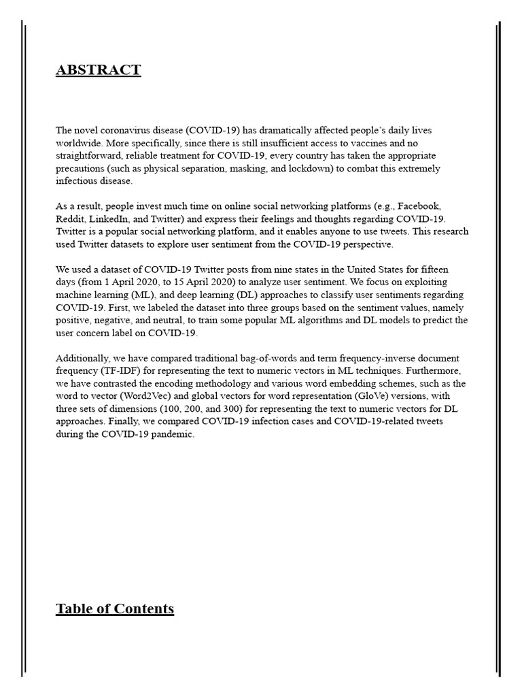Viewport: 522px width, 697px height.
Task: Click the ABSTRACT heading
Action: click(99, 70)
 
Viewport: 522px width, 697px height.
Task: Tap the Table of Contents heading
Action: click(115, 609)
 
